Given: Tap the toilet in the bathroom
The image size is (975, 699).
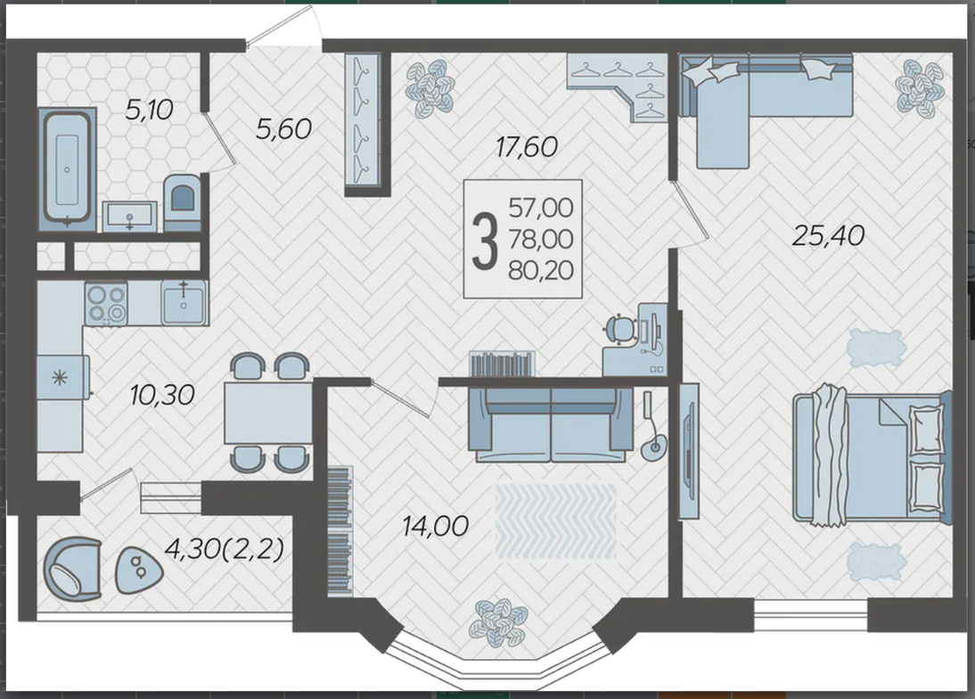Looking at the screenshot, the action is click(182, 201).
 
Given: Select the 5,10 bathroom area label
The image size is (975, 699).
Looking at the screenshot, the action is click(149, 110).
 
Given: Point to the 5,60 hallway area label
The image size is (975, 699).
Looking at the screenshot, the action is click(283, 128).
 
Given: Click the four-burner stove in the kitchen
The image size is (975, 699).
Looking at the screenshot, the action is click(106, 303).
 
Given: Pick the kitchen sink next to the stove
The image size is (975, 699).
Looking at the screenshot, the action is click(184, 302).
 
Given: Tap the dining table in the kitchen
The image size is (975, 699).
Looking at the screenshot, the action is click(268, 413).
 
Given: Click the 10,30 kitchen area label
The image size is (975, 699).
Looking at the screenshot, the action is click(162, 394).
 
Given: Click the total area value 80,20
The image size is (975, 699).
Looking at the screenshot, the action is click(541, 270).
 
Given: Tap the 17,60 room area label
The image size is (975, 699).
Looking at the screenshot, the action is click(527, 147).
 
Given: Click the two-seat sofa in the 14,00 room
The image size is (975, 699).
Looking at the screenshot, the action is click(551, 424).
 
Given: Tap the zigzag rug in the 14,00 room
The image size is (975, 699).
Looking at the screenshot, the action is click(556, 522).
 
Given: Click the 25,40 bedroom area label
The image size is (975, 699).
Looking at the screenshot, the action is click(828, 235).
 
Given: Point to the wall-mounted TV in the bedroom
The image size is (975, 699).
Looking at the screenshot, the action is click(689, 451).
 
